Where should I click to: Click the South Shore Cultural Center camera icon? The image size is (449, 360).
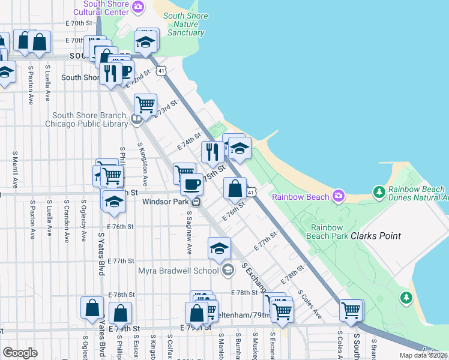(139, 8)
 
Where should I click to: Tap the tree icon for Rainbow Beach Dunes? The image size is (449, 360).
(379, 192)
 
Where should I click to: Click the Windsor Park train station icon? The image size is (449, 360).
(196, 202)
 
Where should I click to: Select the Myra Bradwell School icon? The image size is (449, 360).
(228, 271)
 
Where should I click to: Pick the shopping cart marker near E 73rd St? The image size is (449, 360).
(146, 104)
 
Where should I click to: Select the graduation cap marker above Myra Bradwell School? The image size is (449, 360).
(220, 248)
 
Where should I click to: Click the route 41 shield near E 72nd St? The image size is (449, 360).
(161, 71)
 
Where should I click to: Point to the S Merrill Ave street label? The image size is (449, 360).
(14, 169)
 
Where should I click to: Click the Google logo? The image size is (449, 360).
(20, 353)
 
